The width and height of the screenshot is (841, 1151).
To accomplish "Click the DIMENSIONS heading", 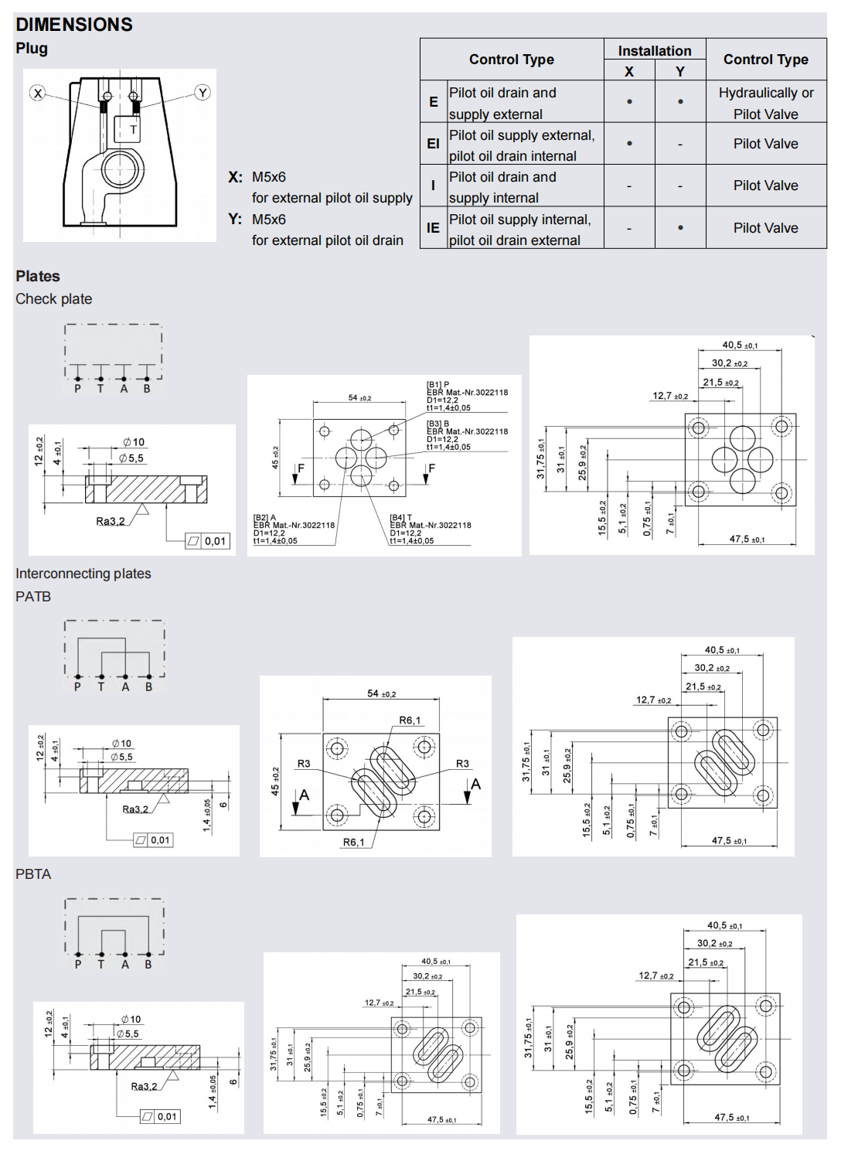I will point(74,25).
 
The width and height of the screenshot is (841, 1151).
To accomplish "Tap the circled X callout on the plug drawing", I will point(37,94).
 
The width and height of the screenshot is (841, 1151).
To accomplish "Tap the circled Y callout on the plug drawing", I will point(203,93).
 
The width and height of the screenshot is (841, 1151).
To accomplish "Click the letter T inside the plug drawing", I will point(133,130).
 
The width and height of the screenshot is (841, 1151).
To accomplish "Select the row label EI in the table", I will point(433,144).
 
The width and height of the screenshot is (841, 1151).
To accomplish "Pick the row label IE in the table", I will point(433,228).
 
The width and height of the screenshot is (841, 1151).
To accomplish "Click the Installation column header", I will point(654,51).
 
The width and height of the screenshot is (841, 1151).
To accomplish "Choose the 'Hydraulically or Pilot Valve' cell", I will point(765,103).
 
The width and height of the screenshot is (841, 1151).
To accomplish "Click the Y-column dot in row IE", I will point(680,228).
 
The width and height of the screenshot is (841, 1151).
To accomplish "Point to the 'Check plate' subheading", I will point(54,299).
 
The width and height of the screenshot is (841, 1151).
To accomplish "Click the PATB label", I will point(33,597).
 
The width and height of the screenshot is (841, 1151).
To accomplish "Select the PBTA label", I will point(33,874).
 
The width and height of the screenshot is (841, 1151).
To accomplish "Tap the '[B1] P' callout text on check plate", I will point(438,384).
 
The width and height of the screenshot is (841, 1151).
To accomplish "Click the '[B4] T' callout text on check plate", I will point(401,517).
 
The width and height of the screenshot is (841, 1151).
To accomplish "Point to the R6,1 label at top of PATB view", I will point(410,720).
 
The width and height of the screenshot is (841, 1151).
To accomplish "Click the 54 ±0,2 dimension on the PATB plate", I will point(381,693).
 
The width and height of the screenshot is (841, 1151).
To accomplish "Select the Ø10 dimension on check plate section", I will point(134,442).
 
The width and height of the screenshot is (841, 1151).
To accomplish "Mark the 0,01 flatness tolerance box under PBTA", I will point(160,1116).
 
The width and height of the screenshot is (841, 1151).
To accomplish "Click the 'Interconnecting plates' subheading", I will point(83,574).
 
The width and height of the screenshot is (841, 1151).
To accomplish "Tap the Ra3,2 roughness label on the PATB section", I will point(135,809).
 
